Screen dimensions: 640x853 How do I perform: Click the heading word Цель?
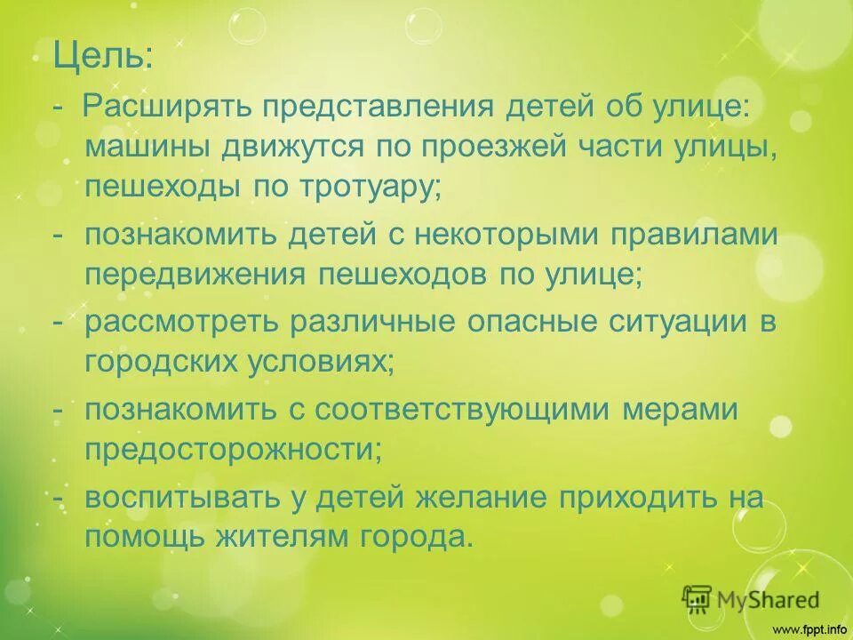point(102,58)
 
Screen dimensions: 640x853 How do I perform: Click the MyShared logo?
point(751,598)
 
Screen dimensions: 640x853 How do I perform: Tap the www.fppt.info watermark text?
point(809,629)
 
